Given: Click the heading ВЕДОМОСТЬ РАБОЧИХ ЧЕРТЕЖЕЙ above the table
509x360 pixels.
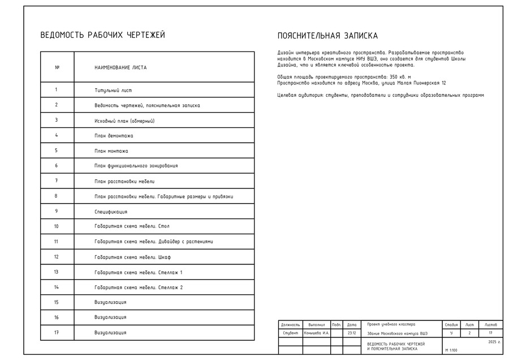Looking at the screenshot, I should pos(102,35).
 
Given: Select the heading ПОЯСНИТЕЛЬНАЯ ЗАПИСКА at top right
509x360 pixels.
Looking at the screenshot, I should pos(327,36).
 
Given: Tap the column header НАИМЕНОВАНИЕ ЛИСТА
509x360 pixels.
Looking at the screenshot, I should pos(120,67).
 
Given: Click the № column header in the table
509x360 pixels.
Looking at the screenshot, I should pos(57,67).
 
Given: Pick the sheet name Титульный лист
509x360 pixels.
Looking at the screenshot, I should pos(113,90).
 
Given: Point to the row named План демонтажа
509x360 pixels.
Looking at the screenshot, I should pos(114,136).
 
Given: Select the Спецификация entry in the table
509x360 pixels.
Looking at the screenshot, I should pos(111,212).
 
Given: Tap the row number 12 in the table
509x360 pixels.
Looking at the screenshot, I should pos(57,257).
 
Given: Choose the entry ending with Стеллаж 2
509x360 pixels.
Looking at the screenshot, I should pos(139,288).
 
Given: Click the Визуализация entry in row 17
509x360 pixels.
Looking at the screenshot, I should pos(110,333).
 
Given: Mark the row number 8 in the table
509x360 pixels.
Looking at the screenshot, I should pos(57,196).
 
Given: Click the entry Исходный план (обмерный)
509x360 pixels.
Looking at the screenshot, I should pos(124,121).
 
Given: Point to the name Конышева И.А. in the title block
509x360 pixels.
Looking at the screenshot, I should pos(316,333).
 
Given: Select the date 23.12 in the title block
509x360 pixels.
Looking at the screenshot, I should pos(352,333).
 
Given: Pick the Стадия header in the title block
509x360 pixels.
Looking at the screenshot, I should pos(451,325).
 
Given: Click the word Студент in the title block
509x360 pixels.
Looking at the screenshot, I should pos(290,333).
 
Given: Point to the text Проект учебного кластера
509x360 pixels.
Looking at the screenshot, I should pos(391,325).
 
